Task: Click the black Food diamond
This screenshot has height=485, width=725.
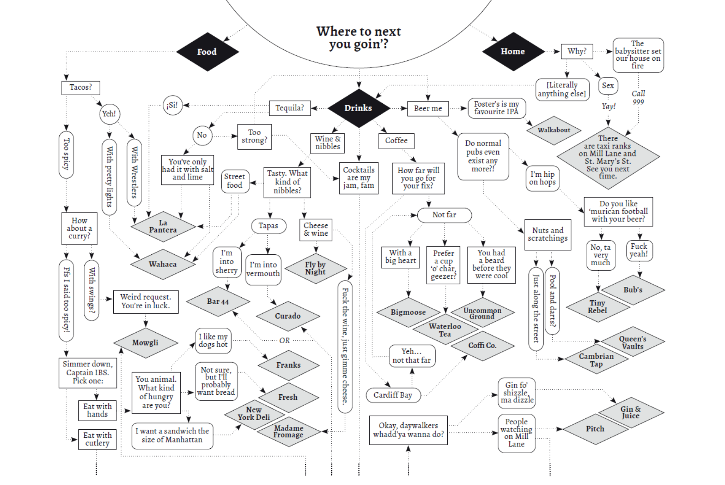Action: click(x=207, y=52)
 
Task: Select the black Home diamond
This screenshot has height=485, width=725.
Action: click(x=512, y=52)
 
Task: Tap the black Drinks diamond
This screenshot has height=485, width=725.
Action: click(x=358, y=108)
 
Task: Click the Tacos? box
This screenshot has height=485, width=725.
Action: click(x=81, y=87)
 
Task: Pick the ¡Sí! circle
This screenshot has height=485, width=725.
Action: click(x=172, y=106)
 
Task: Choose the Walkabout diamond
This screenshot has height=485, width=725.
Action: click(x=554, y=130)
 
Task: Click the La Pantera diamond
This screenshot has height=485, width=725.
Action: click(x=163, y=226)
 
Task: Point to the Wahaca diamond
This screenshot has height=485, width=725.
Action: click(x=163, y=264)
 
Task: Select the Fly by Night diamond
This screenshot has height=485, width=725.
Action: click(x=315, y=268)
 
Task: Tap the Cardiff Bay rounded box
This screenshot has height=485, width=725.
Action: click(x=393, y=395)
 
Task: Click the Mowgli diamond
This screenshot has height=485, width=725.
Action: click(x=145, y=343)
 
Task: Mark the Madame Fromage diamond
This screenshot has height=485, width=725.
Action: click(x=289, y=432)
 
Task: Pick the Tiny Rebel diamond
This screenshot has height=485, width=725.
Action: click(x=598, y=307)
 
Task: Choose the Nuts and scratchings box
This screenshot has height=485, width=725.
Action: click(x=547, y=234)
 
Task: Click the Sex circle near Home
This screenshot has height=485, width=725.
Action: click(x=608, y=86)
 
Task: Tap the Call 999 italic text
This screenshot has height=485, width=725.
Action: click(x=638, y=97)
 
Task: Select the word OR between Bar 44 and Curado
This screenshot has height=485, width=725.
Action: click(x=284, y=340)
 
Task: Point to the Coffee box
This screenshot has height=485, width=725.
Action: click(x=396, y=141)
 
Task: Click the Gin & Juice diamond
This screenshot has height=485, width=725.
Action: click(x=631, y=412)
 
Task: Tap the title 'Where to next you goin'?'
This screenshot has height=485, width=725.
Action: click(x=358, y=38)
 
